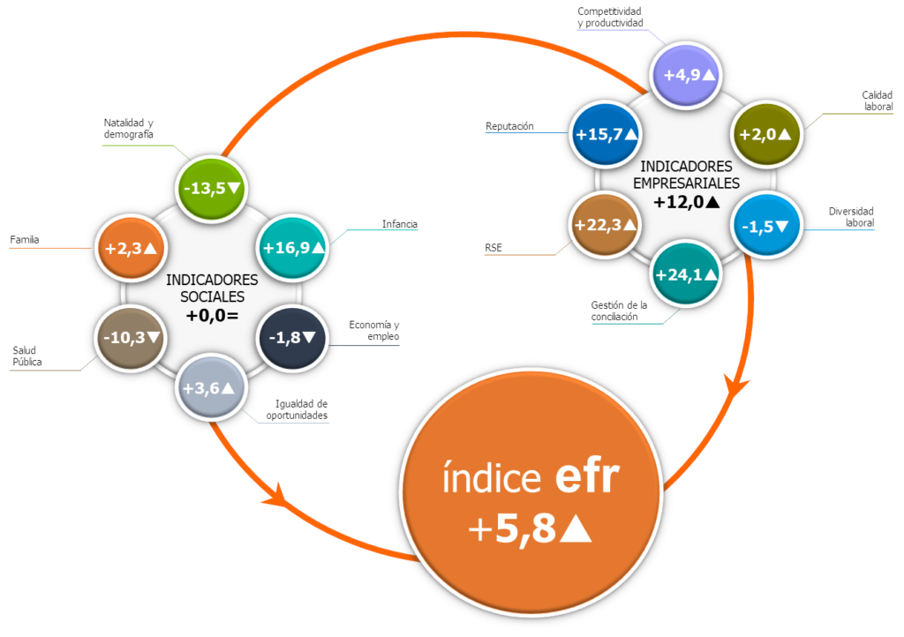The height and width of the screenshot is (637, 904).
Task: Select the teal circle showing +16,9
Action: (293, 248)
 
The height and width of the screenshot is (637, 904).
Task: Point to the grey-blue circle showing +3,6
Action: (209, 387)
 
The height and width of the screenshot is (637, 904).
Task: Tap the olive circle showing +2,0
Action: (766, 134)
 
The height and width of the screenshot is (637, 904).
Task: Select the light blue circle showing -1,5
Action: (766, 225)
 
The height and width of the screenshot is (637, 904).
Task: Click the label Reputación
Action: (509, 126)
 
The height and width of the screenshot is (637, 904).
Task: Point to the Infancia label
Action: (399, 224)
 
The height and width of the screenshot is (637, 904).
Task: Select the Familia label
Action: (25, 239)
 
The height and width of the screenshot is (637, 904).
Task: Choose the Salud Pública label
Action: (27, 356)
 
